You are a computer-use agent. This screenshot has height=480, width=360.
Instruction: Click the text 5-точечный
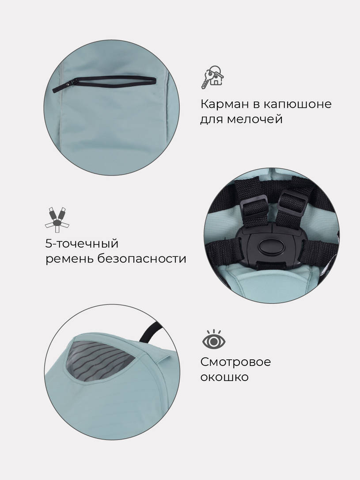(82, 244)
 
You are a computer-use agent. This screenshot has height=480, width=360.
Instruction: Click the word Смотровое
(235, 362)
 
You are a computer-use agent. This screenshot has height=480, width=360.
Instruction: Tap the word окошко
(224, 377)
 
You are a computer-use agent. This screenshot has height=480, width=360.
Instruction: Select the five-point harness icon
(57, 219)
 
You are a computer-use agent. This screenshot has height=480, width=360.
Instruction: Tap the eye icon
(214, 340)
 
